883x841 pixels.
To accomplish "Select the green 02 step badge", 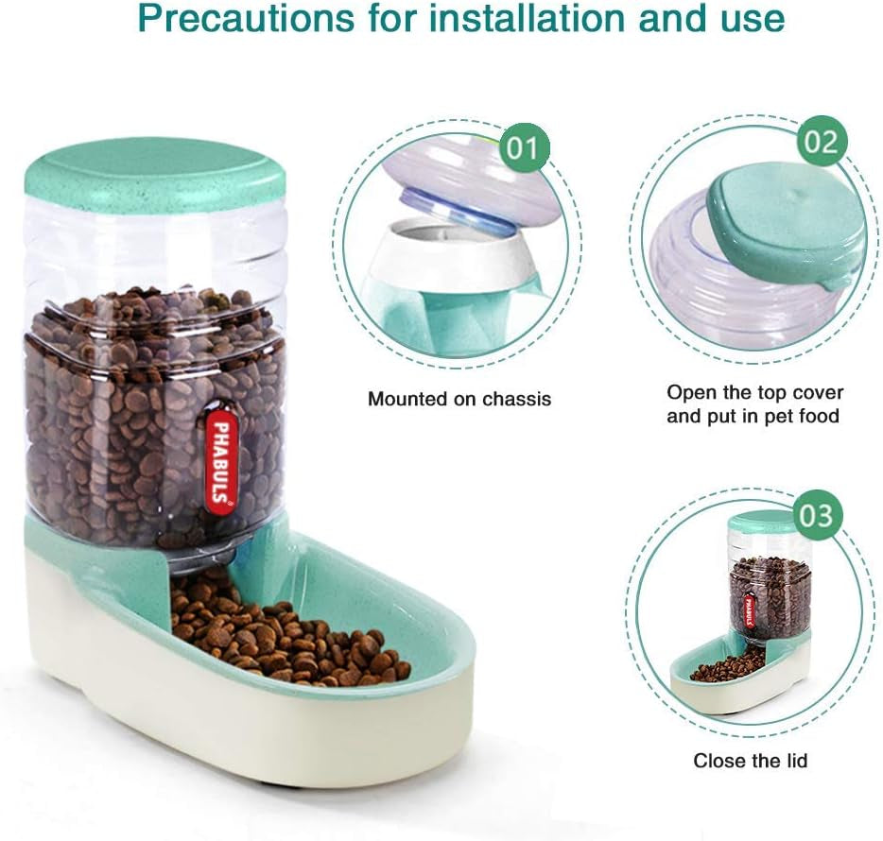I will (821, 142).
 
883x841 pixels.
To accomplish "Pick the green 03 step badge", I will (815, 516).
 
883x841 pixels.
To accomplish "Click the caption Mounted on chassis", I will (459, 399).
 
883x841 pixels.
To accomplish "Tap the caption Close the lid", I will (751, 760).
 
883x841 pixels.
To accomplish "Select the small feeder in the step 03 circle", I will (747, 614).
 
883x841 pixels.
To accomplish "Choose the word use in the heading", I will (743, 18).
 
